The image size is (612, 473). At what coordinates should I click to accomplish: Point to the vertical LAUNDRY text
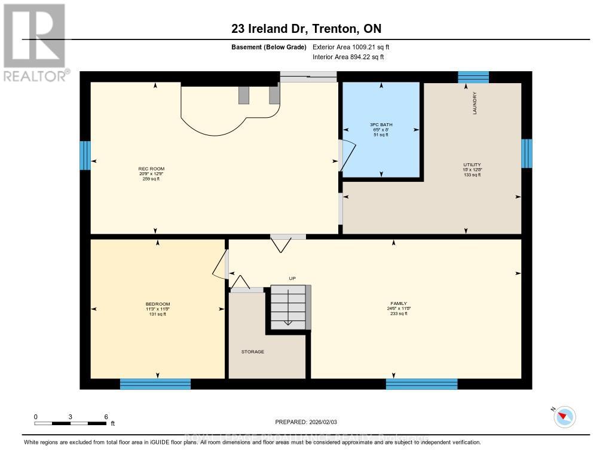click(x=475, y=102)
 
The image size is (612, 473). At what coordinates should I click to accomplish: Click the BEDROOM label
click(x=158, y=309)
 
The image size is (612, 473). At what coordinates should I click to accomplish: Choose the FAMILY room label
click(x=398, y=309)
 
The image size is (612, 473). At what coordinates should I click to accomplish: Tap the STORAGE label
click(x=252, y=352)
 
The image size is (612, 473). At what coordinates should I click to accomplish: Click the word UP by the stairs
click(x=292, y=278)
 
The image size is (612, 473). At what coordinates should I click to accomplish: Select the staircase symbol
click(x=290, y=307)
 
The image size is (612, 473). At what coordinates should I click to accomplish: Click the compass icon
click(x=565, y=417)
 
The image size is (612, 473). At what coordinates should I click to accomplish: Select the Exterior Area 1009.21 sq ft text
click(x=351, y=47)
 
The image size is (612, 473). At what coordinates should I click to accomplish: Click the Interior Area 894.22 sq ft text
click(x=348, y=57)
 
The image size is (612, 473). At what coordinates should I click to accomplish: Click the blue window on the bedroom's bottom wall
click(x=155, y=384)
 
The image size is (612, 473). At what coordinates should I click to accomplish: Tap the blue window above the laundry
click(x=473, y=77)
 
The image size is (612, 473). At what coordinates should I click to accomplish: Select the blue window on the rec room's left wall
click(x=85, y=155)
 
